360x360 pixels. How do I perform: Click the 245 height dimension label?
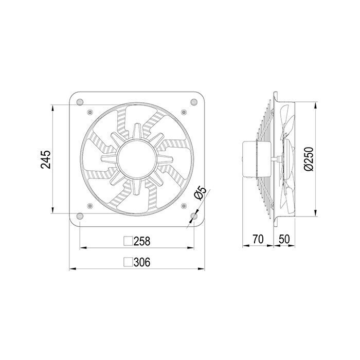pyautogui.click(x=45, y=159)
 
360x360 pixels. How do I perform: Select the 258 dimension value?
pyautogui.click(x=142, y=241)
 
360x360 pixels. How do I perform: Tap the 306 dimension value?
pyautogui.click(x=142, y=262)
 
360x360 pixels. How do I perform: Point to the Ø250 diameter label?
pyautogui.click(x=309, y=159)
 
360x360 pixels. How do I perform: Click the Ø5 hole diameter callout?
pyautogui.click(x=201, y=193)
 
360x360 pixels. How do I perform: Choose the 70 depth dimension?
pyautogui.click(x=258, y=239)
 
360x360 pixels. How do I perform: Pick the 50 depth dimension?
pyautogui.click(x=284, y=239)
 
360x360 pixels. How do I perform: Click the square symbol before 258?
pyautogui.click(x=128, y=241)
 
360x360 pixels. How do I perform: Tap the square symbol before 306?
pyautogui.click(x=128, y=262)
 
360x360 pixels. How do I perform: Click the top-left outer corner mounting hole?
pyautogui.click(x=80, y=102)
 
